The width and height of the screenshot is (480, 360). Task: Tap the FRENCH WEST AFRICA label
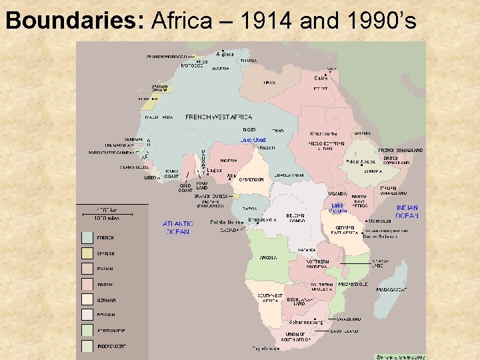[219, 117]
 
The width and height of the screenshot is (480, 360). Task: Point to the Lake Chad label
[253, 140]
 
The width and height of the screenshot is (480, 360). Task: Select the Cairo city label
[321, 78]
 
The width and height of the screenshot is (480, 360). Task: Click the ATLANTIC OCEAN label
[176, 227]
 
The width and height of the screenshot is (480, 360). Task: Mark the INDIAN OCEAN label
[407, 211]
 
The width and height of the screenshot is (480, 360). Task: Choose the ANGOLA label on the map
[269, 257]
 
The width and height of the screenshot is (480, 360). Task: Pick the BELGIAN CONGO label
[295, 218]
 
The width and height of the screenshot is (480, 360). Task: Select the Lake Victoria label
[338, 208]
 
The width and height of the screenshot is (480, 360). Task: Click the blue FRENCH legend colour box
[87, 237]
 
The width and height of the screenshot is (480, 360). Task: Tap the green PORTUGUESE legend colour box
[87, 331]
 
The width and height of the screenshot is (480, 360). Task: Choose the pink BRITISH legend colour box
[87, 284]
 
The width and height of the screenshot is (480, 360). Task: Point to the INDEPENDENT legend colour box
[87, 346]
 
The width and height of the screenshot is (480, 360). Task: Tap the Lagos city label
[215, 170]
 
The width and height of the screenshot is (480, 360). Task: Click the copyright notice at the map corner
[399, 356]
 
